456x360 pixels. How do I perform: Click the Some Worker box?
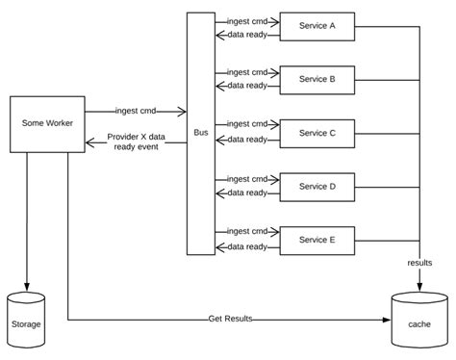coord(47,124)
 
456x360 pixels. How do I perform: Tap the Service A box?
coord(317,26)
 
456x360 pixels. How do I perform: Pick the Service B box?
coord(317,79)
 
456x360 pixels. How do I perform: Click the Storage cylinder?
coord(27,321)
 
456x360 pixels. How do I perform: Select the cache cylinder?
coord(418,322)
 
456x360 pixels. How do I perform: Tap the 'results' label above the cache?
coord(418,262)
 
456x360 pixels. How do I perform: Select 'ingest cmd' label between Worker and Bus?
coord(136,111)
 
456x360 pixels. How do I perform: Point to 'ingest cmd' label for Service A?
coord(247,19)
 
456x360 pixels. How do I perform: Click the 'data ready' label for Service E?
coord(247,246)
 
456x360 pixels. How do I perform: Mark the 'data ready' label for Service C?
coord(247,141)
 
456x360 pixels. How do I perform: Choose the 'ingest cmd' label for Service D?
coord(247,178)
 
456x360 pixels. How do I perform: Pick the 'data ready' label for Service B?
coord(247,87)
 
